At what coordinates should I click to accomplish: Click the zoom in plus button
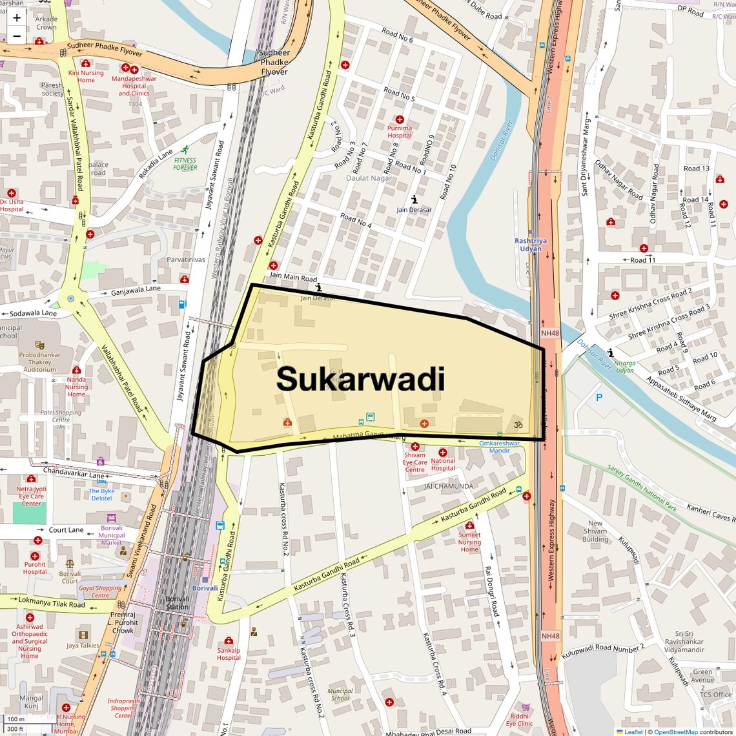click(x=17, y=18)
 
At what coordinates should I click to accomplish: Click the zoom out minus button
click(x=17, y=36)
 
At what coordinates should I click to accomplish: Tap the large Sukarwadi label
click(x=360, y=380)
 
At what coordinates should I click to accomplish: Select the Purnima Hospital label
click(x=399, y=132)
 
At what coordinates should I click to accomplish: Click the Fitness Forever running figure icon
click(x=186, y=150)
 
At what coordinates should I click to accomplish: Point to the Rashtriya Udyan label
click(x=530, y=245)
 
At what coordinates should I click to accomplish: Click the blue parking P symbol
click(x=599, y=398)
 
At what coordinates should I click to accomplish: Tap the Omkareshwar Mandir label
click(x=499, y=447)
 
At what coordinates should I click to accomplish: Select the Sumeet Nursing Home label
click(x=469, y=542)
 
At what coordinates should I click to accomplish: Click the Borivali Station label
click(x=177, y=603)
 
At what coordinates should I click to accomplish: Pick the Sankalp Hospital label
click(x=229, y=654)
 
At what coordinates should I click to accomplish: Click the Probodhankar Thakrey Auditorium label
click(x=40, y=362)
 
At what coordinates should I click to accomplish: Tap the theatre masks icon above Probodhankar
click(x=39, y=345)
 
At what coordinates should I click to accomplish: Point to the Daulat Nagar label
click(x=369, y=178)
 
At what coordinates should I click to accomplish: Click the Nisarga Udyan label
click(x=624, y=367)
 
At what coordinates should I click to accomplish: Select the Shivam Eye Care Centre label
click(x=414, y=462)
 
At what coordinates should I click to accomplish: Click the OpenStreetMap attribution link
click(x=676, y=731)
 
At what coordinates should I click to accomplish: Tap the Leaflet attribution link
click(x=633, y=731)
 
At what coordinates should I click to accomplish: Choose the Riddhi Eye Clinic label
click(x=519, y=720)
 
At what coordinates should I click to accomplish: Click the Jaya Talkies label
click(x=83, y=645)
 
